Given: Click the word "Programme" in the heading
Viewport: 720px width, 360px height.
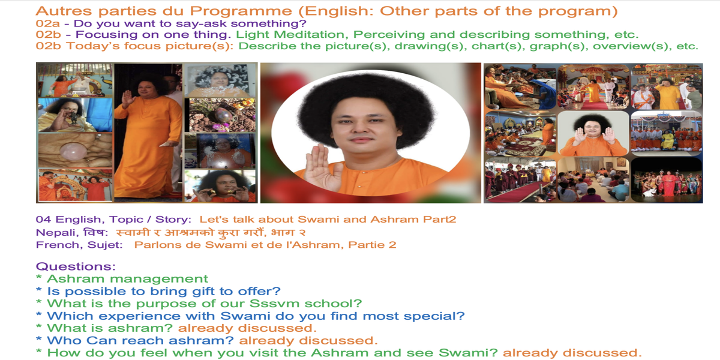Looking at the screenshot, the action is coord(241,11).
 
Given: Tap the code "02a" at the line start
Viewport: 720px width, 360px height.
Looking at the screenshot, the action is coord(48,23).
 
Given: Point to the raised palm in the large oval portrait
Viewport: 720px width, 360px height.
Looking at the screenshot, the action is coord(322,168).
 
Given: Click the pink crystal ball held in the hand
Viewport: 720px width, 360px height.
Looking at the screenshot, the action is coord(73,151).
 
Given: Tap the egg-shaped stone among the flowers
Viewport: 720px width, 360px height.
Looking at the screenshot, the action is coord(222,115).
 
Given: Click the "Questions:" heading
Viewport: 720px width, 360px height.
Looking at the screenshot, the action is coord(76,266).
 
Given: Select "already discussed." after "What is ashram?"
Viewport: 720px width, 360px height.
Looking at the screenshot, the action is coord(247,328).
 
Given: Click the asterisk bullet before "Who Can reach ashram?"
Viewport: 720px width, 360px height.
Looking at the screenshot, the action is coord(39,340).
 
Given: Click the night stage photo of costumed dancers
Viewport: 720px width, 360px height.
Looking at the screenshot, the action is coord(667,179).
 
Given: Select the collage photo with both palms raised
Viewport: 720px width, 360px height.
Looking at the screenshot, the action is coord(593,134).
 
